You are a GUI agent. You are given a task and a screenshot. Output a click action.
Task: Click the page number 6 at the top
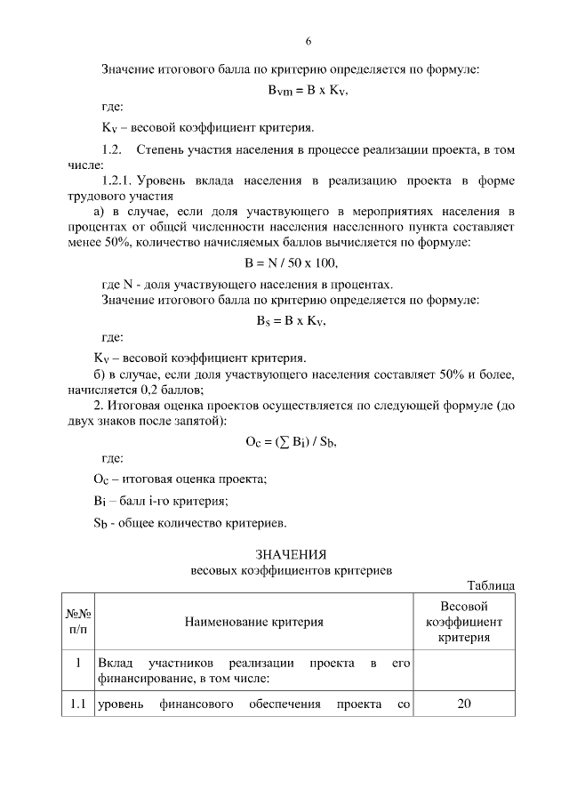(x=309, y=41)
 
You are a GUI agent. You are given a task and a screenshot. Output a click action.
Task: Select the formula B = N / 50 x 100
(x=292, y=263)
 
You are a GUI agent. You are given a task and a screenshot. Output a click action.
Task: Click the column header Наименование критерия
(x=253, y=621)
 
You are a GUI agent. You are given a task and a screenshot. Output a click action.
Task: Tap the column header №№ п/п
(x=78, y=621)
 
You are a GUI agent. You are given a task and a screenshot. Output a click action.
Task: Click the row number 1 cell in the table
(x=78, y=663)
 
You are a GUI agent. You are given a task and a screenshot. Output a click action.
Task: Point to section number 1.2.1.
(x=122, y=181)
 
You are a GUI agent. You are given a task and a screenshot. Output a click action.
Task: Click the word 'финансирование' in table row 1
(x=146, y=679)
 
